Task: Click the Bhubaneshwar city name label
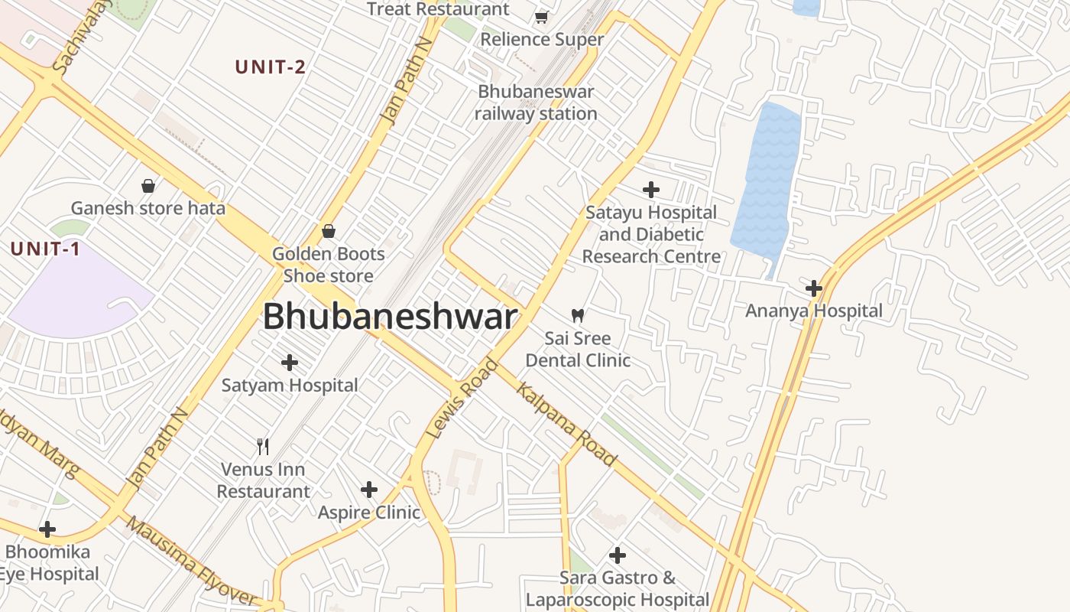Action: (390, 317)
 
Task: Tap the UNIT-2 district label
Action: (271, 67)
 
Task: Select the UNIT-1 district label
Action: (45, 249)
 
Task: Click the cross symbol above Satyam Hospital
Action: (290, 362)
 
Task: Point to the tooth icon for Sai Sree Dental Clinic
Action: (578, 314)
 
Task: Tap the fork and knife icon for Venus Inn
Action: (263, 446)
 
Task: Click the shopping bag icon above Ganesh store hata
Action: (148, 185)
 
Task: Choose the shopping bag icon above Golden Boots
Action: (329, 230)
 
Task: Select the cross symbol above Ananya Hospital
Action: (814, 288)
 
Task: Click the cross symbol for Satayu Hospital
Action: (651, 189)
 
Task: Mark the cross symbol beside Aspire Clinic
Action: (369, 489)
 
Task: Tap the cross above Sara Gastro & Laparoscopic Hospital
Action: (618, 555)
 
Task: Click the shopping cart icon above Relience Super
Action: (542, 17)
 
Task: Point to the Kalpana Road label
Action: (566, 425)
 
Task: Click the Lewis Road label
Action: (462, 399)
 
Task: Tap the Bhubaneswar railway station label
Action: (536, 103)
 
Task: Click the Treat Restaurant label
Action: (438, 9)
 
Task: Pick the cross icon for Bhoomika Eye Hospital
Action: (47, 529)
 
